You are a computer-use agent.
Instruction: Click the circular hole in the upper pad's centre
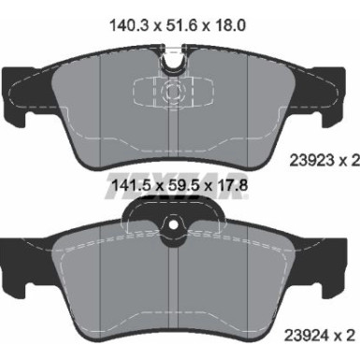(x=171, y=93)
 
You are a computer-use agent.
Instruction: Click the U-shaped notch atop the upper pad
(x=171, y=64)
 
